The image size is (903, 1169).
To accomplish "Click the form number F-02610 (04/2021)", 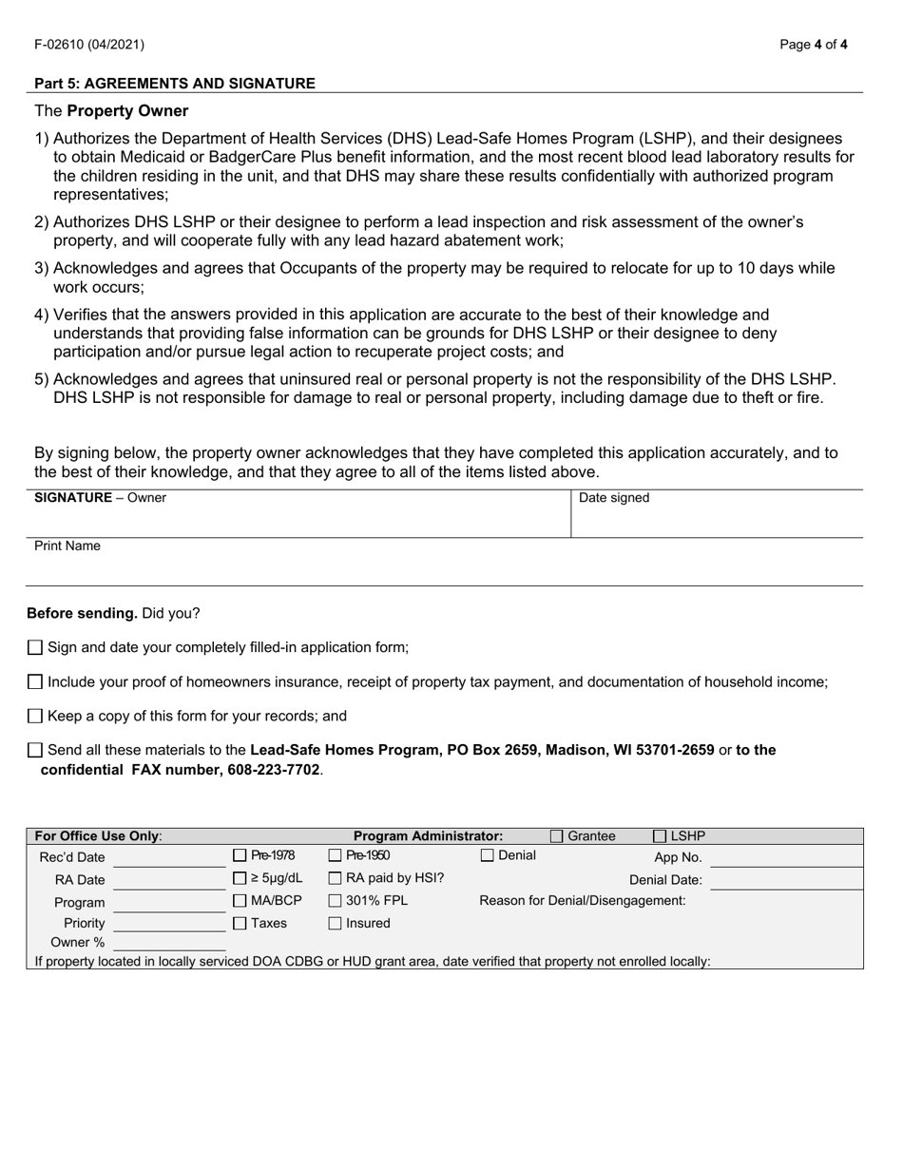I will pyautogui.click(x=89, y=44).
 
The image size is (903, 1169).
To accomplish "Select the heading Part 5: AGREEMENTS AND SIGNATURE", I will pyautogui.click(x=175, y=84).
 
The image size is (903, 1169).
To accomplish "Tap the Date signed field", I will pyautogui.click(x=717, y=518).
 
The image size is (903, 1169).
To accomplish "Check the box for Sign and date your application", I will pyautogui.click(x=35, y=647).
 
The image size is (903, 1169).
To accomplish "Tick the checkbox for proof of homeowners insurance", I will pyautogui.click(x=35, y=681).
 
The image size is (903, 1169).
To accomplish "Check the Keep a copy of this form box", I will pyautogui.click(x=35, y=716).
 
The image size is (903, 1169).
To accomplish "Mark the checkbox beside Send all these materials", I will pyautogui.click(x=35, y=750).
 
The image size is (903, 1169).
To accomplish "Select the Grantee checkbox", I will pyautogui.click(x=557, y=836).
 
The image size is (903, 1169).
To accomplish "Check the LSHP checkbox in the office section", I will pyautogui.click(x=660, y=836).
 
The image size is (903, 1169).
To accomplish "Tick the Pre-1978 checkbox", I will pyautogui.click(x=240, y=855).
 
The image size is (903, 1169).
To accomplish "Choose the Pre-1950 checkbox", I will pyautogui.click(x=335, y=855).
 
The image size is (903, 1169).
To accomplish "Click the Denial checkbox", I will pyautogui.click(x=488, y=855).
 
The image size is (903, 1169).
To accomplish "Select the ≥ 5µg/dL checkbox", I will pyautogui.click(x=240, y=878).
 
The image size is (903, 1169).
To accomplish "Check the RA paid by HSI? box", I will pyautogui.click(x=335, y=878).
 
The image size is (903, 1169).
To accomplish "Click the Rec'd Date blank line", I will pyautogui.click(x=168, y=858).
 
